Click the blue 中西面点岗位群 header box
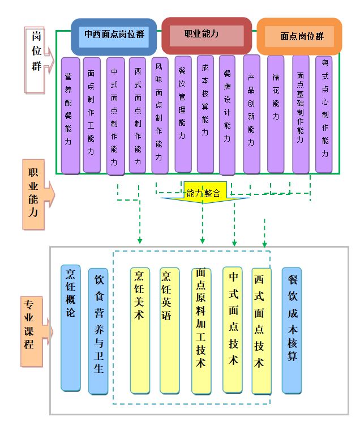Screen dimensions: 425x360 (x=114, y=35)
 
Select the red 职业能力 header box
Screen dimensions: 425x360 (x=207, y=34)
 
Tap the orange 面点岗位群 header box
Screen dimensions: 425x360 (x=299, y=36)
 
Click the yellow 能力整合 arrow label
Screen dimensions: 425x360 (x=205, y=193)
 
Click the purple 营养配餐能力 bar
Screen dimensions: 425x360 (x=70, y=116)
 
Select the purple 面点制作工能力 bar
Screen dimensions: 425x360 (x=92, y=114)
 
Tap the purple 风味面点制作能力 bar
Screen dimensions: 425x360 (x=160, y=116)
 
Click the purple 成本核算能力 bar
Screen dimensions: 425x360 (x=205, y=114)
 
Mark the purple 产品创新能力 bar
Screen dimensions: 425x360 (x=251, y=114)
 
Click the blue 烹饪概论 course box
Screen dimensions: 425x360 (x=71, y=328)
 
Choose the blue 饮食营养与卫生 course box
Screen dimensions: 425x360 (x=98, y=331)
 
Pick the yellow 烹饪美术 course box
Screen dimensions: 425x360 (x=140, y=330)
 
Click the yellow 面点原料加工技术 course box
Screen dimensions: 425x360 (x=201, y=331)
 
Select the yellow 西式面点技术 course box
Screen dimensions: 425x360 (x=261, y=331)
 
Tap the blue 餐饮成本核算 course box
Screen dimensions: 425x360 (x=292, y=330)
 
